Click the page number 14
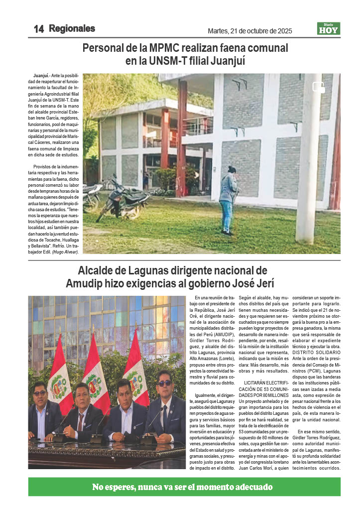39,29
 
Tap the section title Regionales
72,29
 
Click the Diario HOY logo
328,29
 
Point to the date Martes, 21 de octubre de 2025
249,31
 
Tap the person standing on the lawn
229,199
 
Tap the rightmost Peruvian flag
136,369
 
